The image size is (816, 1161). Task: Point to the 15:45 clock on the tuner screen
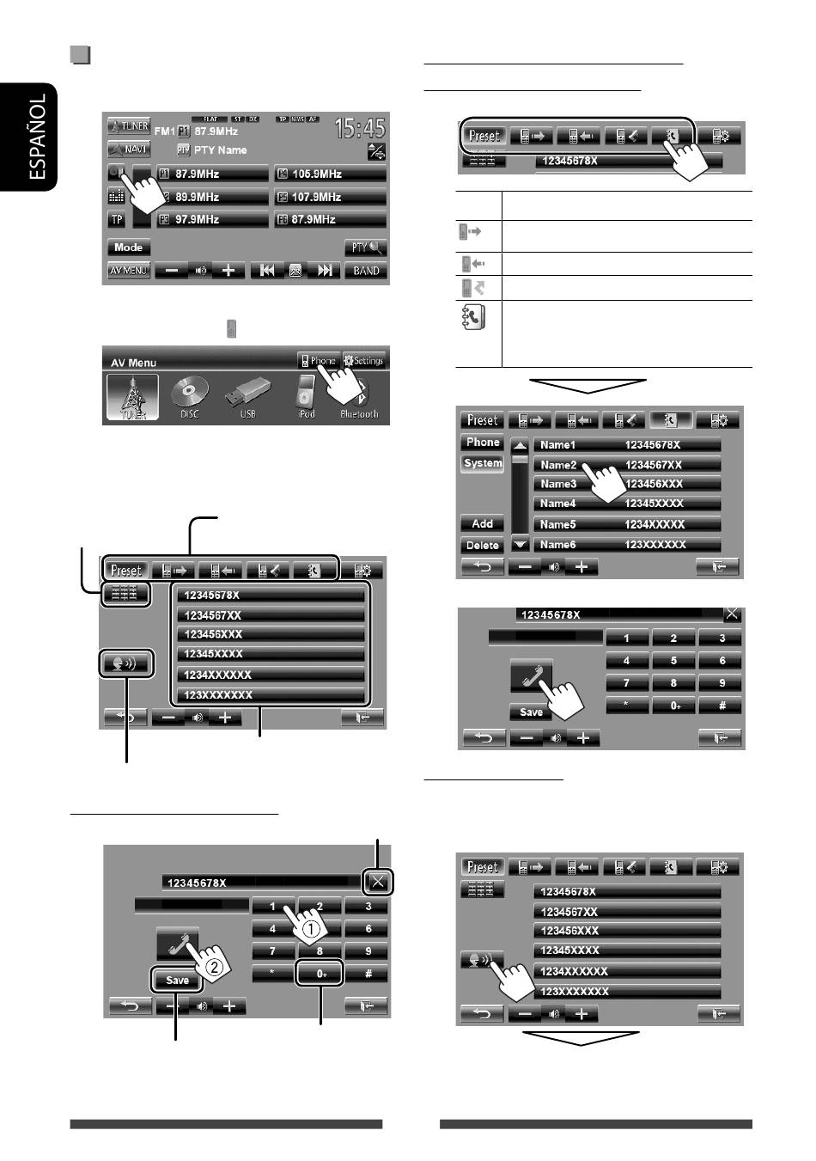[360, 129]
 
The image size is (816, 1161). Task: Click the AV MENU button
[129, 271]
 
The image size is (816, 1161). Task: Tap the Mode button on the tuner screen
[128, 247]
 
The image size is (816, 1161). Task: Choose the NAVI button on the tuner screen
[129, 149]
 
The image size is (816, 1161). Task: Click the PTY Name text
[220, 150]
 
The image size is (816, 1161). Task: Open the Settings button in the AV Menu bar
[364, 361]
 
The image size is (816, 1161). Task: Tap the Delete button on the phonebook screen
[483, 546]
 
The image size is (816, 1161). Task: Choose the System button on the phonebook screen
[483, 463]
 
